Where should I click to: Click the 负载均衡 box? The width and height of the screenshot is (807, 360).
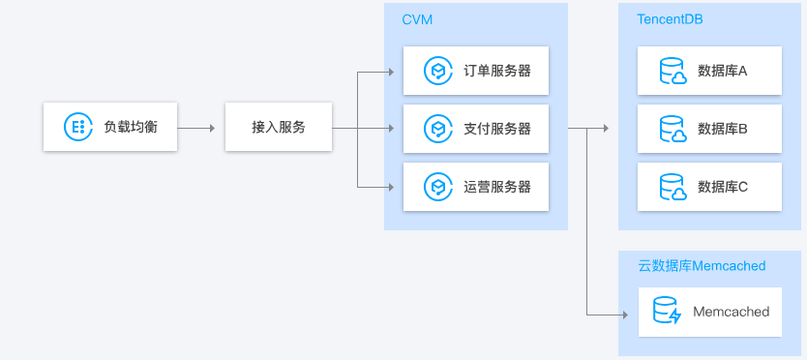[x=110, y=126]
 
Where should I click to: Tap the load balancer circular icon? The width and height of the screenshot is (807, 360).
[x=76, y=126]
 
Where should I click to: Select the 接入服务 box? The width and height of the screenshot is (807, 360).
[x=279, y=127]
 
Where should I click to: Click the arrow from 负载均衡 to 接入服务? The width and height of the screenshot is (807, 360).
[x=196, y=127]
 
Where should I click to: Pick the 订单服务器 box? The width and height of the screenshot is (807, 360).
[x=476, y=71]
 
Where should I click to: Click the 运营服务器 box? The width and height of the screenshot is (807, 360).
[x=476, y=187]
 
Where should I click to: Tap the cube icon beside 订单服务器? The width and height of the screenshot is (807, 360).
[x=438, y=71]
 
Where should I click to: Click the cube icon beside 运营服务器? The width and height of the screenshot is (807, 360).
[x=438, y=187]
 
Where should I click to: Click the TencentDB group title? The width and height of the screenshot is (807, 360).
[x=670, y=19]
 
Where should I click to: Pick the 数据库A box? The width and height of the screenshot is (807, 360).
[x=709, y=71]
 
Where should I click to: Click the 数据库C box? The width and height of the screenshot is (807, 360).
[x=709, y=187]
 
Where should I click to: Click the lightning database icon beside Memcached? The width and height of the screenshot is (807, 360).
[x=667, y=312]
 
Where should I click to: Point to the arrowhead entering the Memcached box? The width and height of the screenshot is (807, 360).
[x=624, y=314]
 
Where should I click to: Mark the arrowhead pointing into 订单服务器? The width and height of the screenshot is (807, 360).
[x=391, y=72]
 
